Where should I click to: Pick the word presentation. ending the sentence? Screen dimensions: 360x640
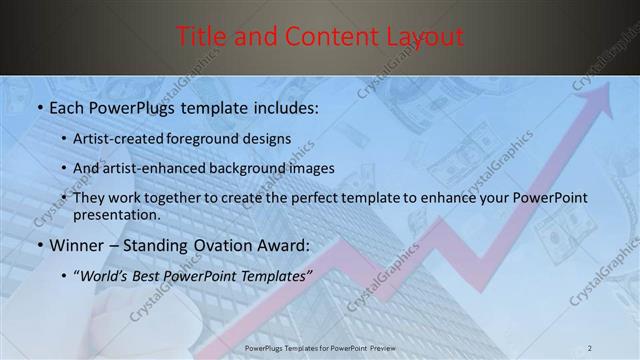pos(116,214)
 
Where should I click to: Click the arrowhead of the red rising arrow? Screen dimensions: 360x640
pos(603,91)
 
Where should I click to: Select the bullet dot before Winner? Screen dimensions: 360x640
pos(39,246)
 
